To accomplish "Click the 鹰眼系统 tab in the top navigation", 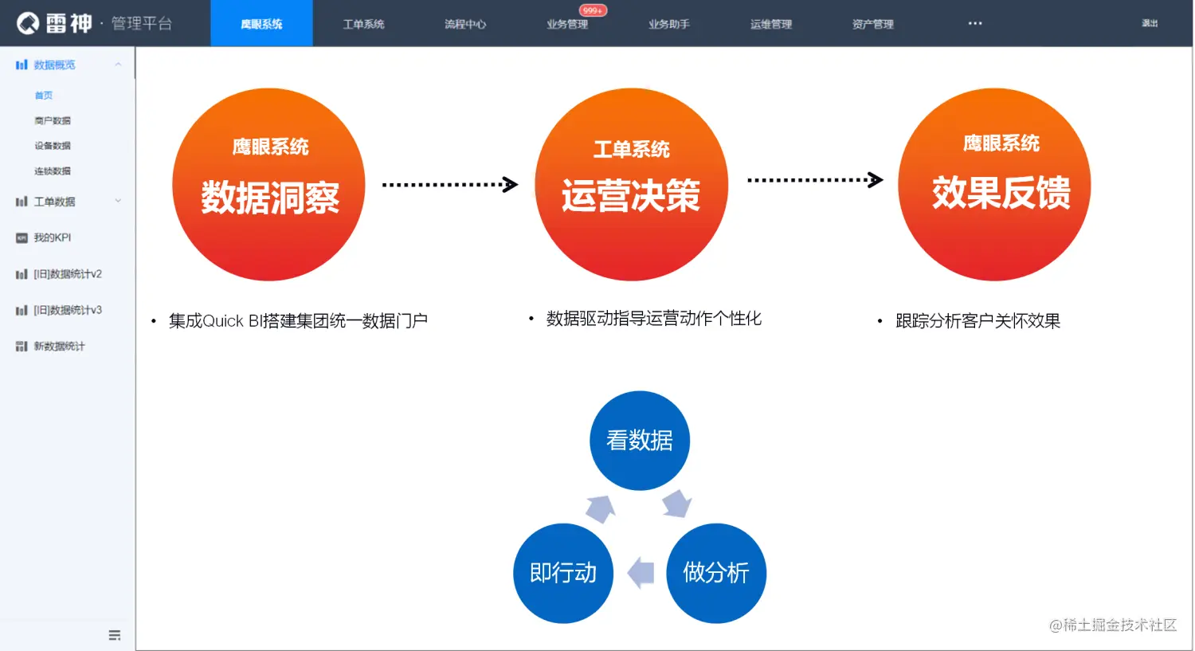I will [x=261, y=24].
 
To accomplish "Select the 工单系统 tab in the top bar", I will [x=363, y=24].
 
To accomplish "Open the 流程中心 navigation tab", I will [x=465, y=24].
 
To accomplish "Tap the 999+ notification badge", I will [x=593, y=10].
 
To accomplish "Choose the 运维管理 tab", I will [x=770, y=24].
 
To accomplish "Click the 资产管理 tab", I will [x=872, y=24].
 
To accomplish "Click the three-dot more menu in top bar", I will [x=975, y=23].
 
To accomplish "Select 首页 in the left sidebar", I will [x=44, y=96].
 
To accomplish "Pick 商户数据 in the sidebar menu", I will [x=53, y=120].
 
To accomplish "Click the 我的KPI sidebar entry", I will [x=53, y=237].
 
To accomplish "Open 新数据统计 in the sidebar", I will [x=59, y=346].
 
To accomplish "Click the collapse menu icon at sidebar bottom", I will [x=115, y=635].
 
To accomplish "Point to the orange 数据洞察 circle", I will [x=268, y=184].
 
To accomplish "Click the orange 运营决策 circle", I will [x=631, y=184].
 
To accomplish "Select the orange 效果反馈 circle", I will [x=994, y=184].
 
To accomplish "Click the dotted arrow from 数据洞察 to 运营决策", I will [x=450, y=185].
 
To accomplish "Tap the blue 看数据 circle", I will [x=640, y=440].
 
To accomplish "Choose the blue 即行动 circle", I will [x=563, y=573].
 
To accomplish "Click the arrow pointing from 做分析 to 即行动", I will [x=641, y=572].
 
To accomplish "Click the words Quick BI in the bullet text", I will [x=235, y=321].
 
